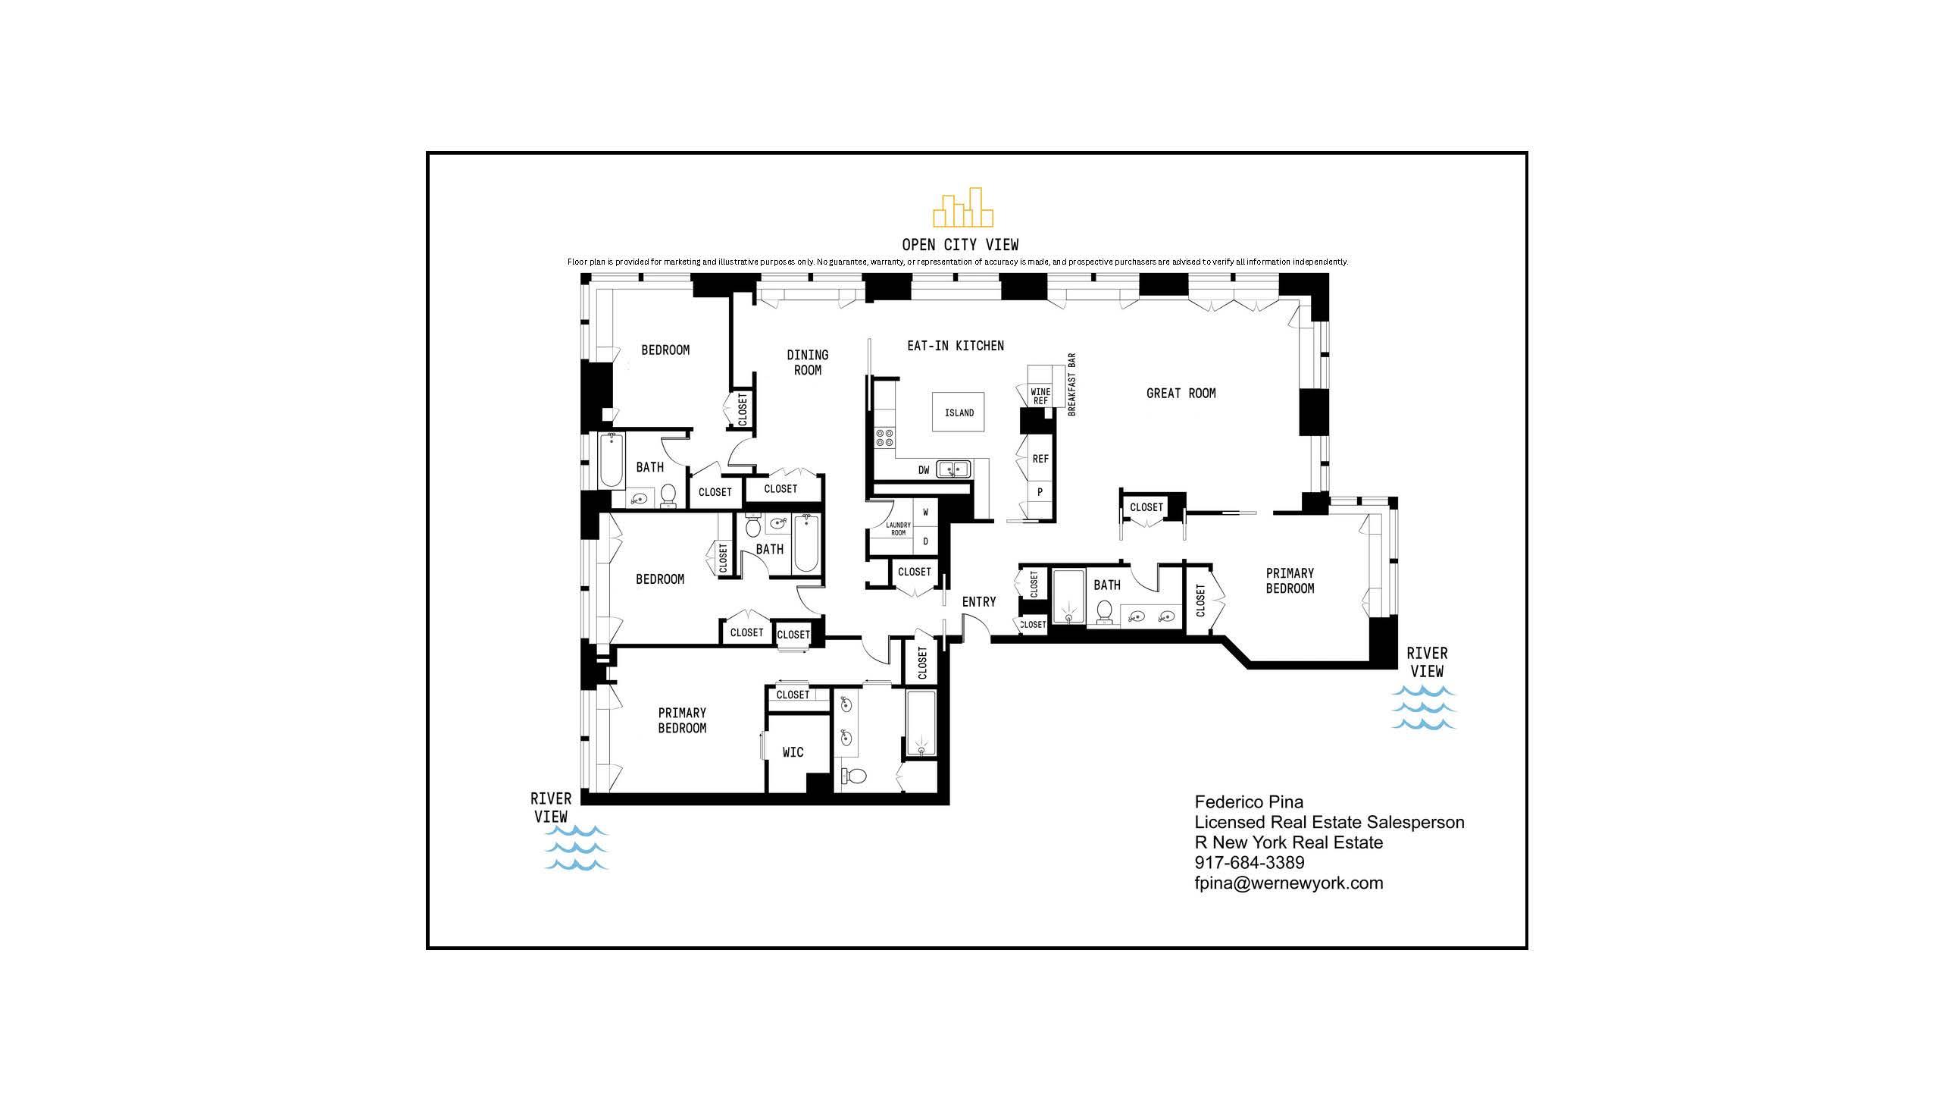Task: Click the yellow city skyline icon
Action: click(962, 208)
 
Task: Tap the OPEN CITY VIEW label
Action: click(960, 244)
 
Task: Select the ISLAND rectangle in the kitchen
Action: click(959, 412)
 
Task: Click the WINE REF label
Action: click(1040, 397)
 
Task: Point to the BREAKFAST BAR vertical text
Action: click(1071, 384)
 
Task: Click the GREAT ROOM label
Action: click(1180, 394)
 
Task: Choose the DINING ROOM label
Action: click(808, 362)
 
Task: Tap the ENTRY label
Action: click(978, 601)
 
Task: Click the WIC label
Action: click(793, 751)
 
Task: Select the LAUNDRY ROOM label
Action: click(898, 529)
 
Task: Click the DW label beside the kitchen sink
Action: click(924, 470)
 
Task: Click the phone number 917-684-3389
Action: click(1250, 863)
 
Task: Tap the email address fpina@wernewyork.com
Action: click(1288, 883)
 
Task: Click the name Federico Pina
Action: click(1249, 801)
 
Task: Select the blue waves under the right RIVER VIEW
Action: click(1423, 707)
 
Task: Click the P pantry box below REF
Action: click(1040, 492)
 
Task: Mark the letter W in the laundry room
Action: click(925, 512)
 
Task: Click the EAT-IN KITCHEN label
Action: click(955, 346)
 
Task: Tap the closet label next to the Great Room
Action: click(1146, 507)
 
